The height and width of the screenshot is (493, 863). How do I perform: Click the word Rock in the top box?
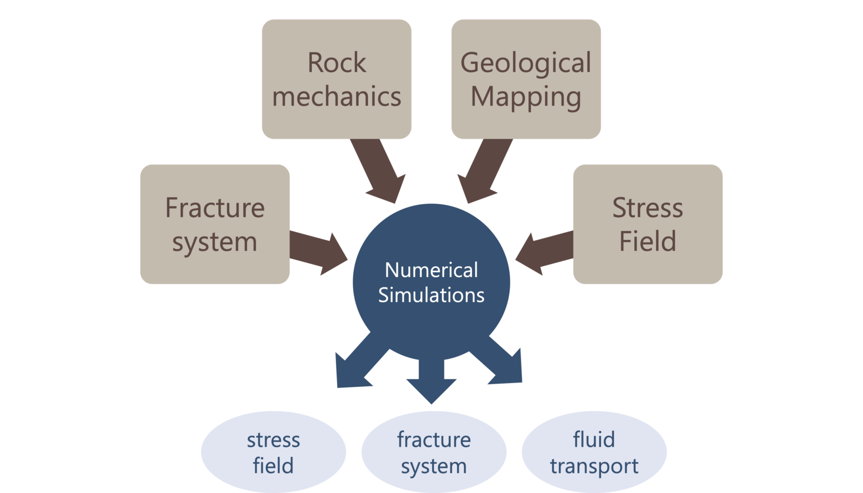click(337, 63)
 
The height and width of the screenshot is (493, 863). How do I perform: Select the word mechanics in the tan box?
click(337, 97)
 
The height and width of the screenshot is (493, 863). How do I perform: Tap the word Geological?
click(526, 63)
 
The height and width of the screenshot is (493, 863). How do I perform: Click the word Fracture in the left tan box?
click(215, 208)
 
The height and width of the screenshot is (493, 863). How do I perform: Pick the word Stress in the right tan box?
click(647, 208)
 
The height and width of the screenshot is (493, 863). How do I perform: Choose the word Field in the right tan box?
click(647, 241)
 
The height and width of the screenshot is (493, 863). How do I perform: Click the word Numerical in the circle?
click(431, 270)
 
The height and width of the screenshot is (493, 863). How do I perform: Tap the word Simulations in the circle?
click(431, 295)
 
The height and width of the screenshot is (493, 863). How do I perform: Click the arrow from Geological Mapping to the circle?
click(483, 170)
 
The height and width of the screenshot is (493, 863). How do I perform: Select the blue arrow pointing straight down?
click(431, 380)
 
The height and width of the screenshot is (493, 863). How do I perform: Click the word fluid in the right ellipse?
click(594, 440)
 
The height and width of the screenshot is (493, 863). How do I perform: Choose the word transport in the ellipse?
click(594, 466)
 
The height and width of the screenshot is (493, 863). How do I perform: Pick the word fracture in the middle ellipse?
click(434, 440)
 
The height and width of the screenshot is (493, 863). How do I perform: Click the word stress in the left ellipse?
click(273, 440)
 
